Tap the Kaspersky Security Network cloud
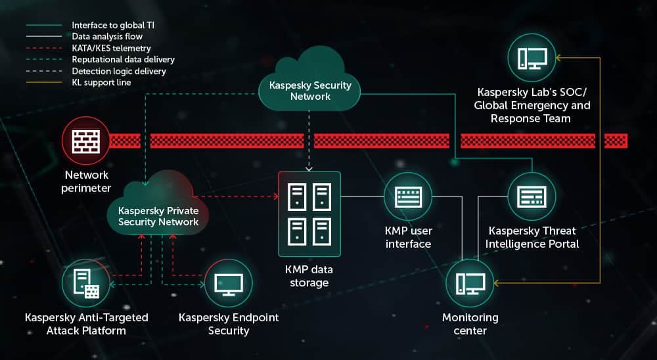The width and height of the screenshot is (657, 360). (x=311, y=86)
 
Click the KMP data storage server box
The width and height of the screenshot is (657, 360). (x=309, y=214)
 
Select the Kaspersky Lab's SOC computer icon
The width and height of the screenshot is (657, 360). (x=532, y=58)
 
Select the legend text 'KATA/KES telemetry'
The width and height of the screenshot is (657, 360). (x=111, y=49)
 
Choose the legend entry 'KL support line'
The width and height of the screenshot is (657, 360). (x=101, y=83)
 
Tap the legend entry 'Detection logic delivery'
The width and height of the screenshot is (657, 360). (x=119, y=71)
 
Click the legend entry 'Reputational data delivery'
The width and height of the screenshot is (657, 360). (x=123, y=60)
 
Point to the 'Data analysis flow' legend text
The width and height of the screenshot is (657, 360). (x=107, y=37)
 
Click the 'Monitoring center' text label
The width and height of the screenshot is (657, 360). (x=470, y=324)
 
